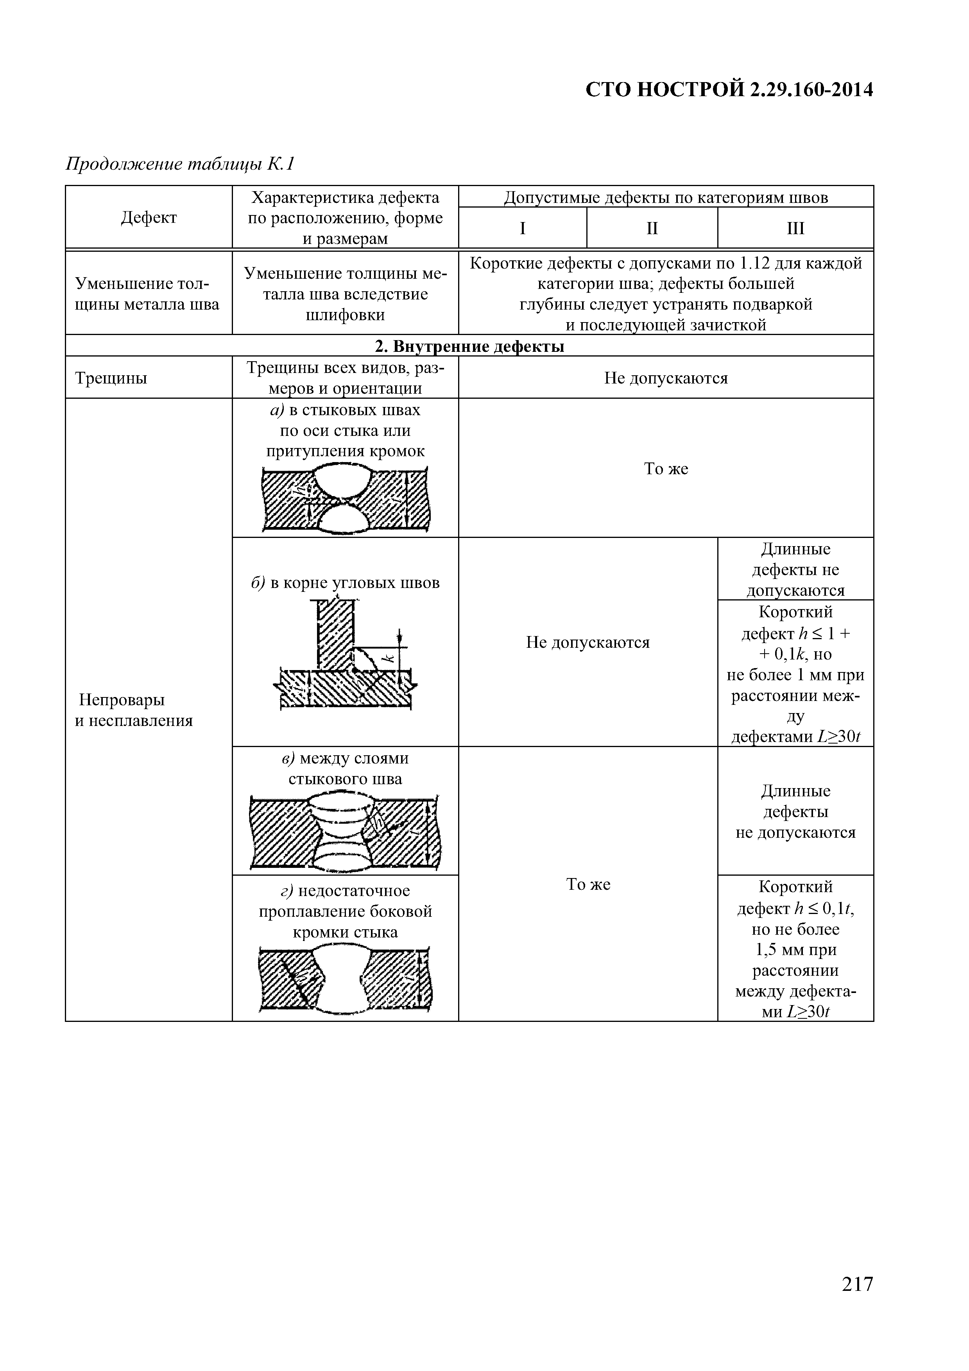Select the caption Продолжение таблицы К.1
coord(180,164)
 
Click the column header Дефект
coord(149,217)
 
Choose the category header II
coord(652,228)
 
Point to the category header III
coord(795,228)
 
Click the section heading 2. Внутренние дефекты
coord(469,346)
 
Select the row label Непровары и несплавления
coord(134,710)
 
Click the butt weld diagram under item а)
coord(346,499)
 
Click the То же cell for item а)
coord(666,469)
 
